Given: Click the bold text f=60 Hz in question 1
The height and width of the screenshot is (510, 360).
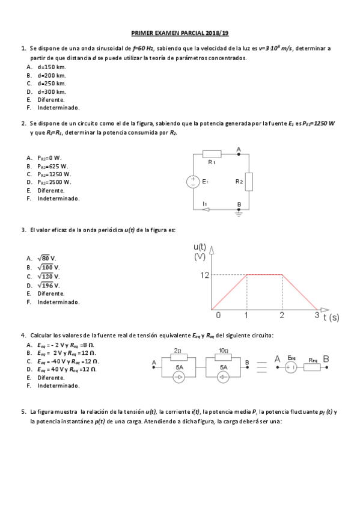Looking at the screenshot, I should [142, 47].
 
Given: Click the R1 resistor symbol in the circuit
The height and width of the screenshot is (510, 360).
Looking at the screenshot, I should [212, 154].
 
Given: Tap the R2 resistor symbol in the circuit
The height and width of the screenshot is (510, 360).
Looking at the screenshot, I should [249, 181].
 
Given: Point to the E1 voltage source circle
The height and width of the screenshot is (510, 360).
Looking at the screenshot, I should [194, 182].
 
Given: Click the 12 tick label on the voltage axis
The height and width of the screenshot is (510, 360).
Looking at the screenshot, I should [204, 275].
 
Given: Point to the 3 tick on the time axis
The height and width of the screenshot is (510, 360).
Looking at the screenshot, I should [317, 315].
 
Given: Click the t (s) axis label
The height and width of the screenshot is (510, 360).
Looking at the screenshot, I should [330, 316].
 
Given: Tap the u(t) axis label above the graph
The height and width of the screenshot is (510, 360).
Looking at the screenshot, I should [201, 247].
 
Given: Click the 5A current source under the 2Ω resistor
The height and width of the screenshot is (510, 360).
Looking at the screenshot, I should [179, 378].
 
